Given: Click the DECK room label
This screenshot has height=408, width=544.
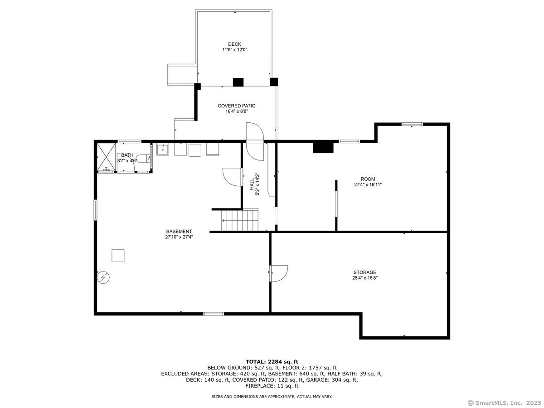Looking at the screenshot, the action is pos(234,44).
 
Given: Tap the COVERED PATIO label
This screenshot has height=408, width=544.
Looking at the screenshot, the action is pos(237,106).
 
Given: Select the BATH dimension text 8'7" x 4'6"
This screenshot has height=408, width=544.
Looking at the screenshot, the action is pos(127,161).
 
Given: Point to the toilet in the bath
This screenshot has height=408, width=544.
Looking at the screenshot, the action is pos(144,159).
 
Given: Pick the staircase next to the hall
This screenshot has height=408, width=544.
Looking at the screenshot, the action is pos(240,220).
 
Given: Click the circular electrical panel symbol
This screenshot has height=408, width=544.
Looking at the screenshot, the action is pos(103,277).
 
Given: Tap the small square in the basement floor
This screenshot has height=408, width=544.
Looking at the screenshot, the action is pos(118,256).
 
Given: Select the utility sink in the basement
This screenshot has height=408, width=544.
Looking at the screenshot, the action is pos(163,150).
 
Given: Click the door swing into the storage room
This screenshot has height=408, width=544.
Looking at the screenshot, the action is pos(278,273).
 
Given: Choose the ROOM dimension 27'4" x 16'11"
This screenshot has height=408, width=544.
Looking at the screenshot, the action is pos(368,185).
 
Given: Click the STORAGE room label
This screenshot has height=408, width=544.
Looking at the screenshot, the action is pos(364,272).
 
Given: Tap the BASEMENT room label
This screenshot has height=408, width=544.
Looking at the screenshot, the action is pos(179,231).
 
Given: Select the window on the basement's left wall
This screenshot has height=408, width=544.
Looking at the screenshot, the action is pos(95,210).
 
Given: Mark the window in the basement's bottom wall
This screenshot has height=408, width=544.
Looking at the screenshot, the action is pos(214,314).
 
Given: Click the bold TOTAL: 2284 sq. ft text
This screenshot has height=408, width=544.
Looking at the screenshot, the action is pos(272,362).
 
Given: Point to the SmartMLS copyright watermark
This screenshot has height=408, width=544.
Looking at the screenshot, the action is pos(505,403).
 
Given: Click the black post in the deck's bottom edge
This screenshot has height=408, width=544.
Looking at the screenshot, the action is pos(238,82).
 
